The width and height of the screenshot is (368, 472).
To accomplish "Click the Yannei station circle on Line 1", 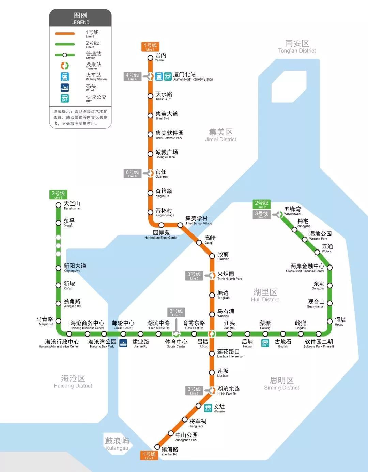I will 150,58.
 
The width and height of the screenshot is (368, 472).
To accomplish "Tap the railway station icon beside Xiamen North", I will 159,76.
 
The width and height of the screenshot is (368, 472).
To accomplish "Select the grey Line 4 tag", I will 132,76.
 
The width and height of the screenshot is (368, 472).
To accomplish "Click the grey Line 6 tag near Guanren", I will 132,173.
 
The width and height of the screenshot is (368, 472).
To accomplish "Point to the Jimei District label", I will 221,135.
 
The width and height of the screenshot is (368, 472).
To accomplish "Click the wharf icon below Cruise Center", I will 123,343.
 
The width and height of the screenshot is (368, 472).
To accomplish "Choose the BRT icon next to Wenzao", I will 208,408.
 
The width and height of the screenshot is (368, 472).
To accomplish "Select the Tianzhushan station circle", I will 58,205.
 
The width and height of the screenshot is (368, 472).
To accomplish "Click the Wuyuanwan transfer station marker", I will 280,214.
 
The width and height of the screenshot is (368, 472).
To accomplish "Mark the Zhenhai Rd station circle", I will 157,447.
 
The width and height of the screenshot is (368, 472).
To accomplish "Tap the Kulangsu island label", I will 117,444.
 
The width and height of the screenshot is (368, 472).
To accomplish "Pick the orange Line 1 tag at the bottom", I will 149,455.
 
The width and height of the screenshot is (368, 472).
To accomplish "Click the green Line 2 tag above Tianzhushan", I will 58,195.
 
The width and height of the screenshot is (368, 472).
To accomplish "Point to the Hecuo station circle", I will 329,321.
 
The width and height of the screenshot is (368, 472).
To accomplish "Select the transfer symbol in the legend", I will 65,66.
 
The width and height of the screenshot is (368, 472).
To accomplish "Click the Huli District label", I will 265,295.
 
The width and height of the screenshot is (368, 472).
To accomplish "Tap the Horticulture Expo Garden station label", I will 161,235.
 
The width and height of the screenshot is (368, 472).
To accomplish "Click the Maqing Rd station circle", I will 58,321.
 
